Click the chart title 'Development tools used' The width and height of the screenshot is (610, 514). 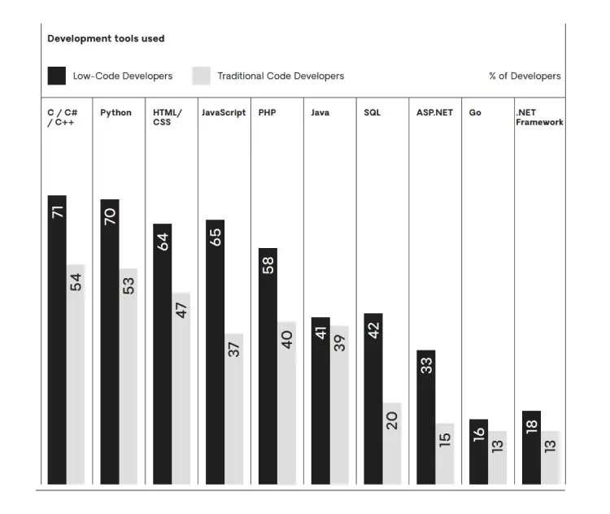106,38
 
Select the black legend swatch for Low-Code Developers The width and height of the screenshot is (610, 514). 57,76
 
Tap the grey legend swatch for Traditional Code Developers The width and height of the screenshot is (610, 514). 202,76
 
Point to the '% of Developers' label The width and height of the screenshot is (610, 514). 525,76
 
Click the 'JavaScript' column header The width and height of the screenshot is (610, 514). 224,113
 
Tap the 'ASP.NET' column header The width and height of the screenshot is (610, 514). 434,113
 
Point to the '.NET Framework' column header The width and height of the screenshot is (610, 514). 539,118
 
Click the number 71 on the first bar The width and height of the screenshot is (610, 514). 57,211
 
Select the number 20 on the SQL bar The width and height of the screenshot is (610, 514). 392,420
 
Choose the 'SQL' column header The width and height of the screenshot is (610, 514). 372,113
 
